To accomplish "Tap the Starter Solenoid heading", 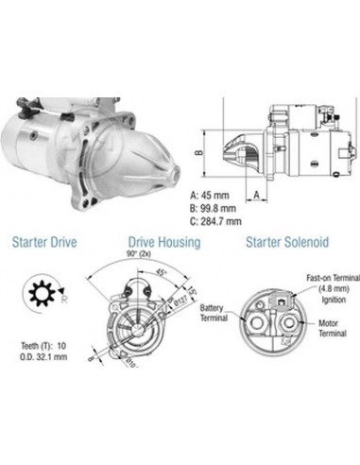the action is (x=286, y=242).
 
